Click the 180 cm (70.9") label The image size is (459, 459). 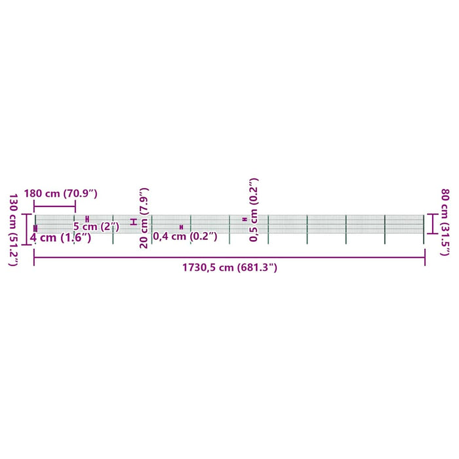pyautogui.click(x=60, y=193)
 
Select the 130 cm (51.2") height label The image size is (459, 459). pyautogui.click(x=14, y=229)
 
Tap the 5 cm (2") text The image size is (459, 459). pyautogui.click(x=96, y=226)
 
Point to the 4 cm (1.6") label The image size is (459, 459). pyautogui.click(x=60, y=237)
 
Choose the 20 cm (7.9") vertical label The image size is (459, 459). pyautogui.click(x=144, y=218)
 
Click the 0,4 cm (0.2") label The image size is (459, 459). pyautogui.click(x=185, y=236)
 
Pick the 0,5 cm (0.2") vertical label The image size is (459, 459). pyautogui.click(x=254, y=210)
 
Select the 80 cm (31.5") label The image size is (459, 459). pyautogui.click(x=445, y=222)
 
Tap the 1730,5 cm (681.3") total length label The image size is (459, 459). pyautogui.click(x=229, y=268)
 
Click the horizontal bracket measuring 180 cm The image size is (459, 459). pyautogui.click(x=54, y=207)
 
